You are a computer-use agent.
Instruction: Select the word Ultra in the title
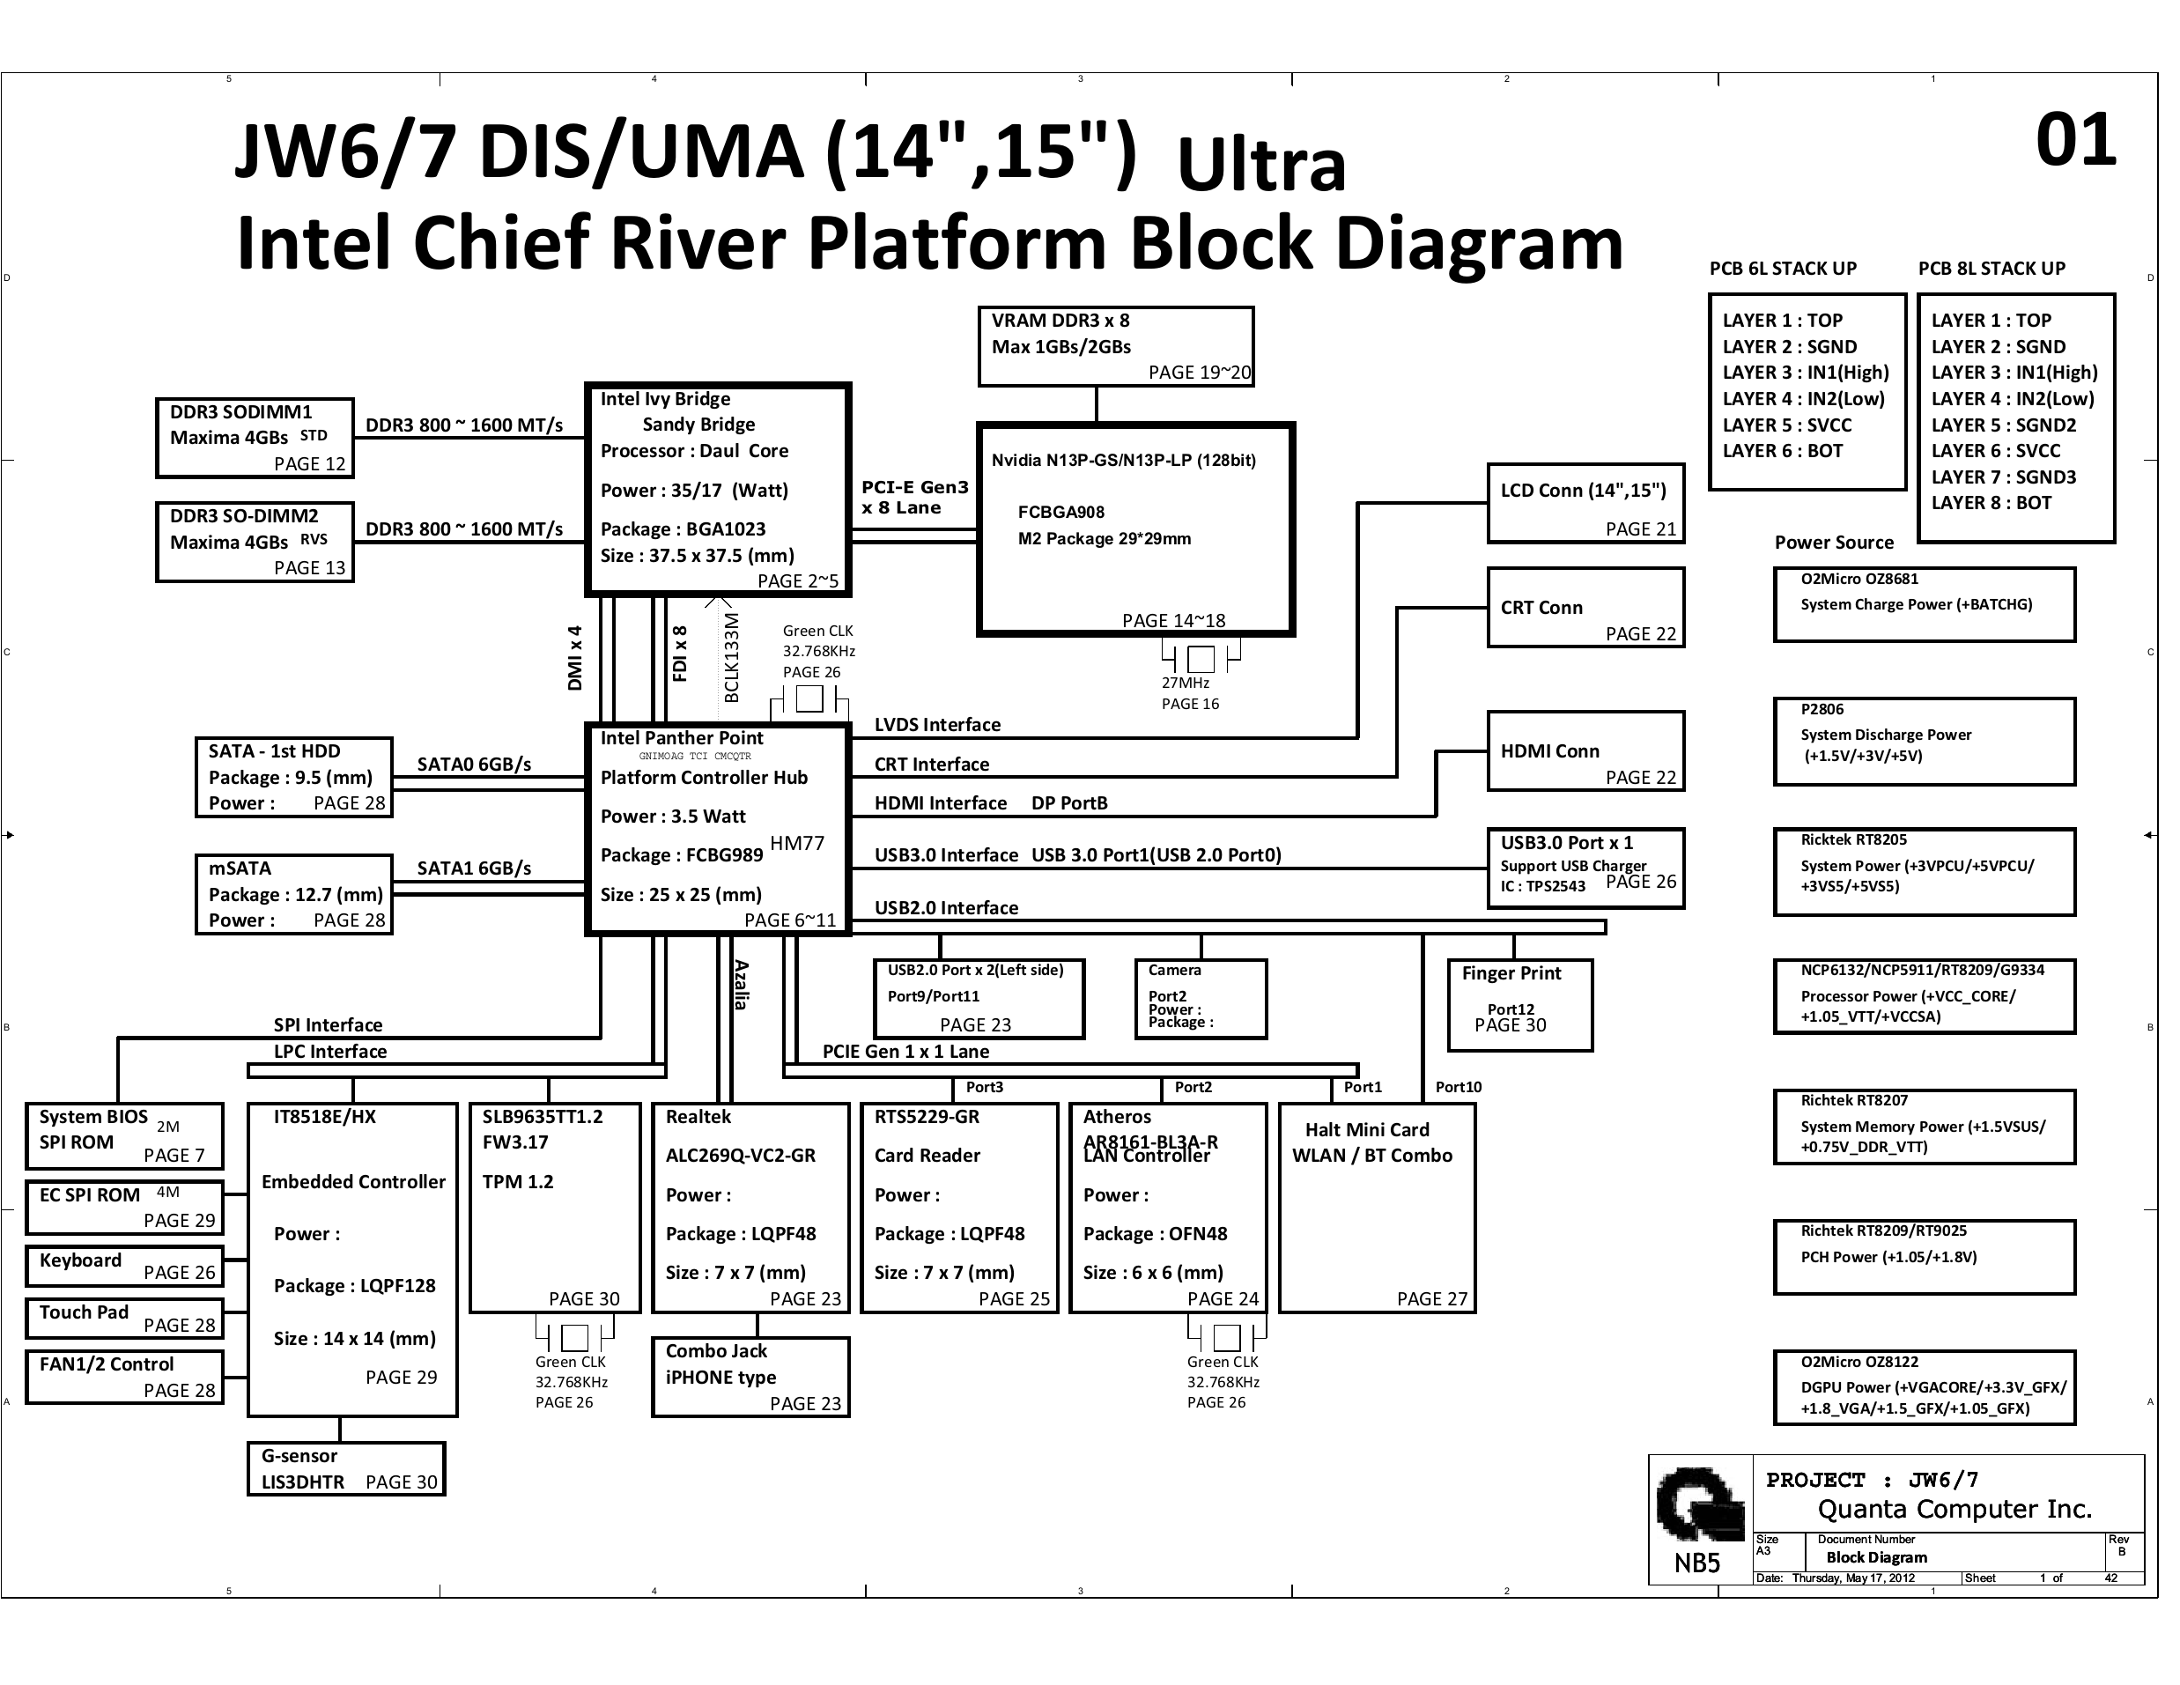click(1260, 165)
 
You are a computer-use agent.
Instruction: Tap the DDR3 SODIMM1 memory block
click(255, 437)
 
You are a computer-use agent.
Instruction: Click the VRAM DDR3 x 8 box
click(1115, 345)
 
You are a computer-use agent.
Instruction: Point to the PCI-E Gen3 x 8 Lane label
click(914, 497)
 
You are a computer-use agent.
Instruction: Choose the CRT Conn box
click(1585, 608)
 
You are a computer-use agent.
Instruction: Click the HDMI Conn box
click(1585, 750)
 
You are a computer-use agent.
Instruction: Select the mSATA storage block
click(293, 893)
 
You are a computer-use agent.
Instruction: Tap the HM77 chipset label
click(796, 844)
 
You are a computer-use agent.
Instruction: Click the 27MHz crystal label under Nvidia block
click(1185, 684)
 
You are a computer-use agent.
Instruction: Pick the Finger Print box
click(1519, 1003)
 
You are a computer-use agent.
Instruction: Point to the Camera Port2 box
click(1200, 998)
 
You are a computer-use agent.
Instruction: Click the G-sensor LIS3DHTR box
click(345, 1468)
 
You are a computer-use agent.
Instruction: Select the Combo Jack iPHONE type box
click(750, 1377)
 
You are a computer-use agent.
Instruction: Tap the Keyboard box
click(124, 1266)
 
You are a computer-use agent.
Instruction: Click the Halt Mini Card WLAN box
click(1377, 1207)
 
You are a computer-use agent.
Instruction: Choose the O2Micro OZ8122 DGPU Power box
click(1924, 1386)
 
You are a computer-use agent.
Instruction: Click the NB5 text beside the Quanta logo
click(1697, 1563)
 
